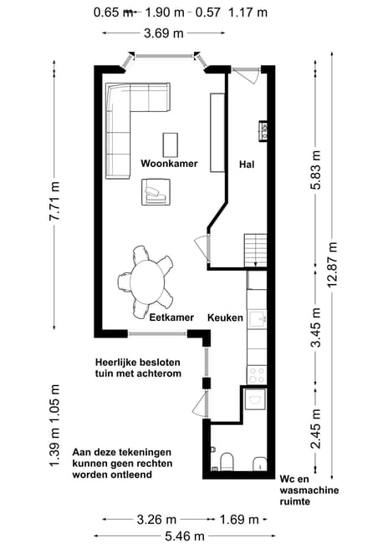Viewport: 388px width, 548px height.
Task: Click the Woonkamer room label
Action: [169, 163]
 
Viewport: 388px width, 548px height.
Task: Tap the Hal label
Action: [247, 164]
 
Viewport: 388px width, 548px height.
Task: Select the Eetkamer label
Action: [171, 317]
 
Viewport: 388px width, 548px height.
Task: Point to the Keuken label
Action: [225, 317]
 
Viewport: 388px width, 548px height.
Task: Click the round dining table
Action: [147, 282]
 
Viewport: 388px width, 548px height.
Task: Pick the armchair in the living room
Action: [156, 192]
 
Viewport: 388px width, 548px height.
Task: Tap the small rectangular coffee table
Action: [171, 145]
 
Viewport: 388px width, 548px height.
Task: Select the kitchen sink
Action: [258, 319]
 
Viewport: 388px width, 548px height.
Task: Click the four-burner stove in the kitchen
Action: [258, 375]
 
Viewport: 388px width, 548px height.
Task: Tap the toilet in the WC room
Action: [227, 461]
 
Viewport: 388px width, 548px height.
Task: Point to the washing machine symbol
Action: [255, 399]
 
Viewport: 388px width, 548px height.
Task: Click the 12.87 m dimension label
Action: [332, 264]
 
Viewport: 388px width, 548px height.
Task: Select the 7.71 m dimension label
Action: [54, 201]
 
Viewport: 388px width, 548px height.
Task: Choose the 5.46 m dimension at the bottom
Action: [184, 535]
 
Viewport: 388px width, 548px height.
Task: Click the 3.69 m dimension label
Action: [164, 33]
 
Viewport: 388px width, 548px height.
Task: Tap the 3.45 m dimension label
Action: [316, 327]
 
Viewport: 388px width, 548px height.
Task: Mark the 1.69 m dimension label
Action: [239, 520]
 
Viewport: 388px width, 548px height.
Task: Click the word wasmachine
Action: [309, 490]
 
